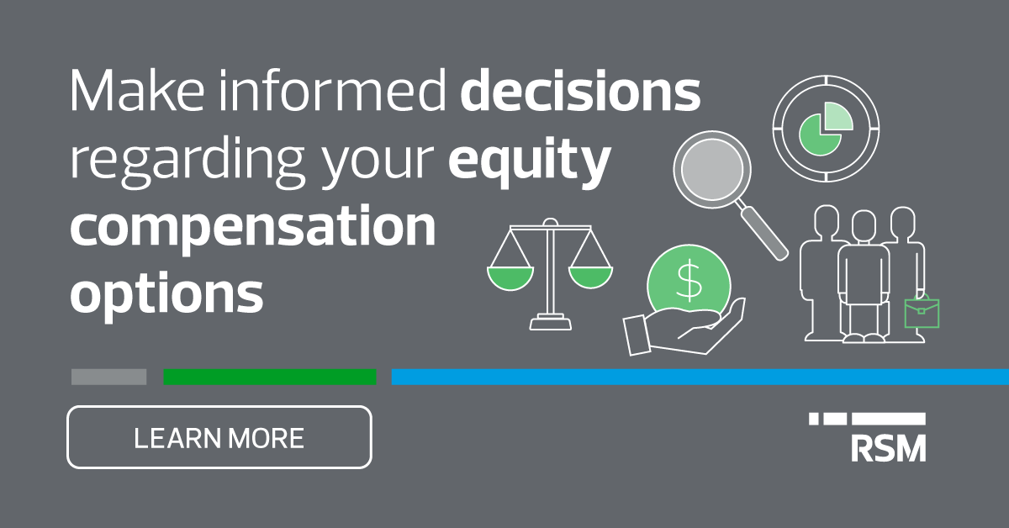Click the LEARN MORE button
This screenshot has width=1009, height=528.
pyautogui.click(x=219, y=437)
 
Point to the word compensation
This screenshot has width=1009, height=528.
pyautogui.click(x=252, y=227)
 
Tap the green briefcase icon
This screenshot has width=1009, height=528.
pyautogui.click(x=922, y=313)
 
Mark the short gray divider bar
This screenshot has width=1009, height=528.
pyautogui.click(x=108, y=377)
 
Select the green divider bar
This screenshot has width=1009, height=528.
pyautogui.click(x=270, y=377)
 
